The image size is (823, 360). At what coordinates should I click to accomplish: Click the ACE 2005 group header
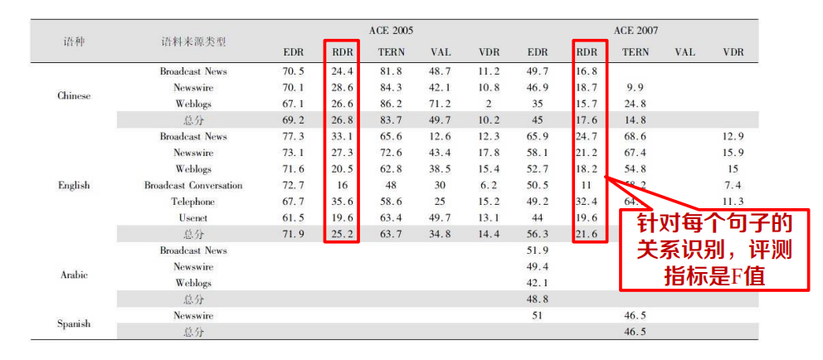[x=391, y=31]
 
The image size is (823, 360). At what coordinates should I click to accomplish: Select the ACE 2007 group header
[x=636, y=31]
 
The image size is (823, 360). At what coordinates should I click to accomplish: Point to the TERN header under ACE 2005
[x=391, y=52]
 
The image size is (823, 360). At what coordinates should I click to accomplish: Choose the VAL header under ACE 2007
[x=685, y=52]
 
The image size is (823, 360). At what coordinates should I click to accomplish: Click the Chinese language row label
[x=74, y=96]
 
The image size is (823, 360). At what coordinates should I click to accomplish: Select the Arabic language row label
[x=74, y=275]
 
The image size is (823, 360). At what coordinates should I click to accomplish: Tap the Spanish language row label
[x=74, y=324]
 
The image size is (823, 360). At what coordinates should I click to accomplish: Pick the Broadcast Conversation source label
[x=193, y=185]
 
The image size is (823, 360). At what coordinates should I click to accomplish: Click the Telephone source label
[x=193, y=202]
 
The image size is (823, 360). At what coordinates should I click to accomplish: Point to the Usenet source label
[x=193, y=218]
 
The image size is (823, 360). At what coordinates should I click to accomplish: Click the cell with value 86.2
[x=391, y=104]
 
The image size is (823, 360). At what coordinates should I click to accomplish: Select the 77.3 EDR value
[x=294, y=136]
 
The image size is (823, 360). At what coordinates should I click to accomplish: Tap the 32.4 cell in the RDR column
[x=587, y=202]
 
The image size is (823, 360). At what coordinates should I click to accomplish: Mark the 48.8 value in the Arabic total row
[x=537, y=299]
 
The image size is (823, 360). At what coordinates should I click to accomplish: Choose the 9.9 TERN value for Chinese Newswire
[x=636, y=88]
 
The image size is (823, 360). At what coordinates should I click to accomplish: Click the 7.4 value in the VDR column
[x=733, y=185]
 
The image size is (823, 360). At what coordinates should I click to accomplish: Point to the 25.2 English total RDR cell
[x=342, y=234]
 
